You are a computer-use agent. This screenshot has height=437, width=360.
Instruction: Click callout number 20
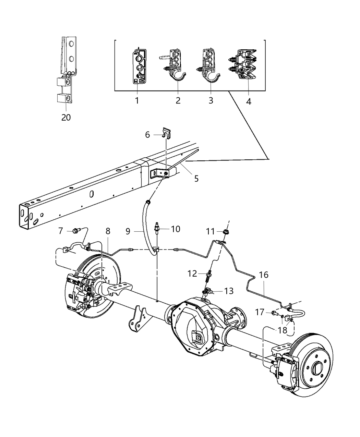66,117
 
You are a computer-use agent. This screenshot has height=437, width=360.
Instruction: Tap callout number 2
178,100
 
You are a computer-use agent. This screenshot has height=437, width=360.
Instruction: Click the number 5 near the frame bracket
196,179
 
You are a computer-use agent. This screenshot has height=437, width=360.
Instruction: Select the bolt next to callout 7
75,231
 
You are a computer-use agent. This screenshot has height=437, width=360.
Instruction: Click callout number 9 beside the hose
128,232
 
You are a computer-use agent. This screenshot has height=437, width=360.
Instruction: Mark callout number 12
192,274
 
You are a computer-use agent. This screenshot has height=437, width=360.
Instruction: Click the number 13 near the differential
228,291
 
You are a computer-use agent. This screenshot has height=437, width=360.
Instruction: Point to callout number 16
264,275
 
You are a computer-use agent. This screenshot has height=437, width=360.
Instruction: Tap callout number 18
282,330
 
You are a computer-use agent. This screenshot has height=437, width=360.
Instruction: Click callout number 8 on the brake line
108,231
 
